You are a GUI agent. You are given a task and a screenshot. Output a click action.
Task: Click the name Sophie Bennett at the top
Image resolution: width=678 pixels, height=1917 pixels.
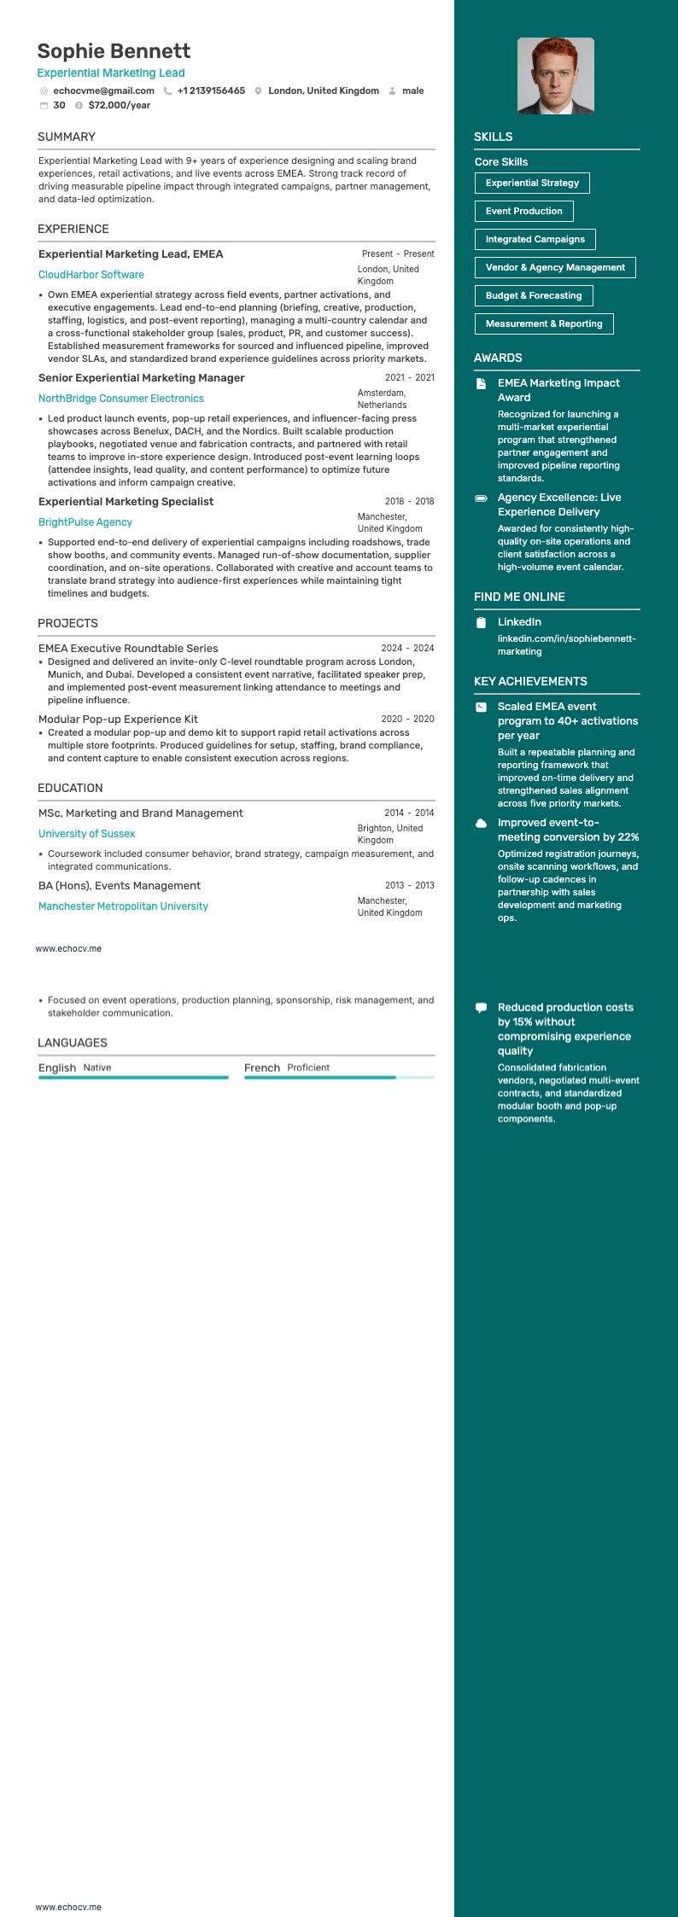pyautogui.click(x=114, y=51)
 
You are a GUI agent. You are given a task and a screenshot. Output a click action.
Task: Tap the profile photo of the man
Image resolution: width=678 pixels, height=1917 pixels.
pyautogui.click(x=555, y=76)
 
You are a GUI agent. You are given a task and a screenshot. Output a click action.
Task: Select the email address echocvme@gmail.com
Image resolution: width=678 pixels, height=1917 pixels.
pyautogui.click(x=103, y=90)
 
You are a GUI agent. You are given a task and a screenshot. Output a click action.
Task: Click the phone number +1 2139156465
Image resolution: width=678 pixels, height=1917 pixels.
pyautogui.click(x=211, y=90)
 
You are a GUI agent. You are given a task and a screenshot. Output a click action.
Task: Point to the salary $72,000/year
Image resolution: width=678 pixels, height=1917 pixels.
pyautogui.click(x=119, y=105)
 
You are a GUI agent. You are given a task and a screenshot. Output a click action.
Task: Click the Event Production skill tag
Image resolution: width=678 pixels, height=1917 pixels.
pyautogui.click(x=523, y=211)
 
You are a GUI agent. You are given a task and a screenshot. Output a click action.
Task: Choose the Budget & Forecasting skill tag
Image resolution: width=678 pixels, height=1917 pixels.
pyautogui.click(x=533, y=295)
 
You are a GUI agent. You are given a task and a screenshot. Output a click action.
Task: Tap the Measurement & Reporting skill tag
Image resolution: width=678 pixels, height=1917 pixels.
pyautogui.click(x=543, y=323)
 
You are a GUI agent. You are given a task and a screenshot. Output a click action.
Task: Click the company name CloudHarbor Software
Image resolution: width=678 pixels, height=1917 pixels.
pyautogui.click(x=91, y=275)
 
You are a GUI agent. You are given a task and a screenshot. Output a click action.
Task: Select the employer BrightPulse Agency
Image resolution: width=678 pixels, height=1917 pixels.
pyautogui.click(x=85, y=522)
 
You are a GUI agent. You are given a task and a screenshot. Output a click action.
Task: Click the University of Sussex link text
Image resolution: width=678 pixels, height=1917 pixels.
pyautogui.click(x=86, y=834)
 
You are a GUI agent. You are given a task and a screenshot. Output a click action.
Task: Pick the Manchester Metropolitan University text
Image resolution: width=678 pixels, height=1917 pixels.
pyautogui.click(x=123, y=906)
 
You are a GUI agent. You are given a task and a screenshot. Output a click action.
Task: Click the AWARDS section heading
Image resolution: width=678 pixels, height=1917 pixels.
pyautogui.click(x=498, y=358)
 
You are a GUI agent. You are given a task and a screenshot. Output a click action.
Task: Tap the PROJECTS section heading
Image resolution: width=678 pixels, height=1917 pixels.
pyautogui.click(x=67, y=623)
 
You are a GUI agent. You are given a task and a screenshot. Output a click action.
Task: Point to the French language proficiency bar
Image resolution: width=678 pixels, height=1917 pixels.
pyautogui.click(x=339, y=1078)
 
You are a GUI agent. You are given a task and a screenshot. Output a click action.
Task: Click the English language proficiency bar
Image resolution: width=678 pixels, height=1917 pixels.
pyautogui.click(x=133, y=1078)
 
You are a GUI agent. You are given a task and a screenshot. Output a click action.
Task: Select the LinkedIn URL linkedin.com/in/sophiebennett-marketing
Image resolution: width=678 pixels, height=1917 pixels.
pyautogui.click(x=566, y=645)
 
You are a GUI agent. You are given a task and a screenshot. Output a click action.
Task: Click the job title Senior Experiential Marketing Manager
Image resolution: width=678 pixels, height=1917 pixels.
pyautogui.click(x=141, y=378)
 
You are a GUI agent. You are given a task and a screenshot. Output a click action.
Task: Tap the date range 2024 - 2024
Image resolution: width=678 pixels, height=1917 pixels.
pyautogui.click(x=407, y=648)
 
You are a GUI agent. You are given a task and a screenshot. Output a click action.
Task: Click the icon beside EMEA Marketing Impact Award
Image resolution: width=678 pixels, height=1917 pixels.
pyautogui.click(x=482, y=383)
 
